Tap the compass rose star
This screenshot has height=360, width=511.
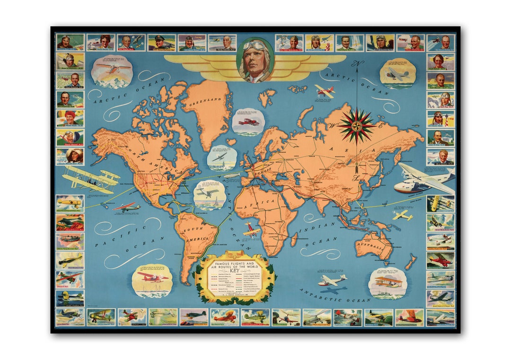pyautogui.click(x=356, y=126)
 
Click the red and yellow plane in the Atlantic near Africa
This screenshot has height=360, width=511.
pyautogui.click(x=251, y=230)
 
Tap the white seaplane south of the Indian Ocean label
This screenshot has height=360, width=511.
pyautogui.click(x=331, y=281)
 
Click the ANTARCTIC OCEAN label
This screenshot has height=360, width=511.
pyautogui.click(x=335, y=295)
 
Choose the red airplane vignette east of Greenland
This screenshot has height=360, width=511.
pyautogui.click(x=248, y=122)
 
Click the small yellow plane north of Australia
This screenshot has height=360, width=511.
pyautogui.click(x=402, y=215)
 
